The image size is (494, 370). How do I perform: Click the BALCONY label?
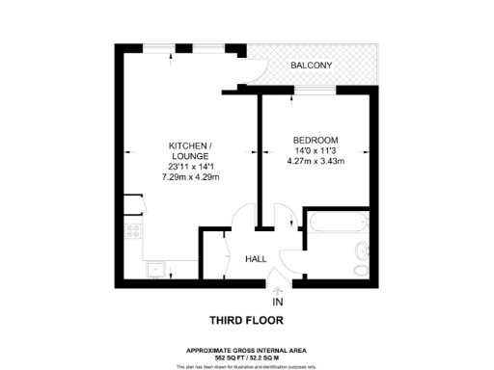[x=312, y=66]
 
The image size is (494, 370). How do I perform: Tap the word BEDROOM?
[x=313, y=141]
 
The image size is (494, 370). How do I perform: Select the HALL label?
[x=257, y=259]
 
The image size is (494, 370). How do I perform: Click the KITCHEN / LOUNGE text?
[x=190, y=151]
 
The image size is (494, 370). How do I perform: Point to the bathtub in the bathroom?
[x=337, y=224]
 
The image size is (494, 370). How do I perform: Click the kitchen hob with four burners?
[x=132, y=231]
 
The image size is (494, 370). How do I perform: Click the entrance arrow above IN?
[x=279, y=292]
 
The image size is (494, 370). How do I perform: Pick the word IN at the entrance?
[x=279, y=303]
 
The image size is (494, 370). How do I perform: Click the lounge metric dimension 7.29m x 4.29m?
[x=190, y=177]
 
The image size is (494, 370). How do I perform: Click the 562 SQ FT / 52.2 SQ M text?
[x=247, y=356]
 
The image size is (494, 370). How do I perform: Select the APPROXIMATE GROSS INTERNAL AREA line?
[x=247, y=349]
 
